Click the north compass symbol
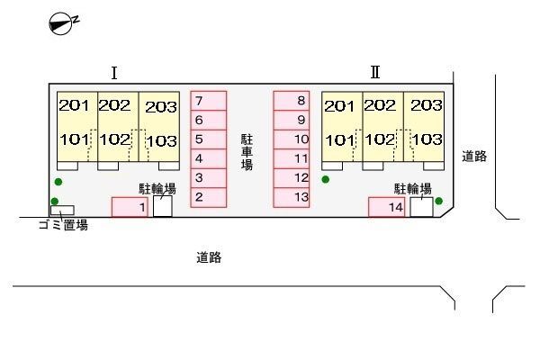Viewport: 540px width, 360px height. (x=64, y=23)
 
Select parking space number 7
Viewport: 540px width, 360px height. (x=209, y=101)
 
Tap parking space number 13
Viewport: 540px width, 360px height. (x=292, y=197)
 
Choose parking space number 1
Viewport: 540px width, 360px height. (x=130, y=207)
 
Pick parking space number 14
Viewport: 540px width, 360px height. (x=387, y=207)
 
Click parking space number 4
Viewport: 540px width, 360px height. (x=209, y=158)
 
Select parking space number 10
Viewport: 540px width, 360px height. (x=292, y=139)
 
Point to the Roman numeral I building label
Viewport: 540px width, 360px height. (x=114, y=73)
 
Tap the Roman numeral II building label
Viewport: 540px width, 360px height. (x=375, y=72)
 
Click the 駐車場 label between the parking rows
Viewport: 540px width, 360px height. (x=247, y=152)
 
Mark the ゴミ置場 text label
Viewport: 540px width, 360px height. (x=63, y=225)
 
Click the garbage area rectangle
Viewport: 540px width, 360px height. (x=62, y=210)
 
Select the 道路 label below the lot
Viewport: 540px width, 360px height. (x=209, y=257)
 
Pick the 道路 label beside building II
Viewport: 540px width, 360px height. (x=474, y=157)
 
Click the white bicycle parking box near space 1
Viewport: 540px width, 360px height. (x=163, y=206)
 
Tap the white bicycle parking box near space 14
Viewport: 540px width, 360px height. (x=421, y=207)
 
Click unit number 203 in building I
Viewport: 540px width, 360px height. (x=161, y=107)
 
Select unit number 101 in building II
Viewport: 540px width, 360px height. (x=339, y=140)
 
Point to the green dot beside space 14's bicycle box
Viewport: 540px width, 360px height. (x=439, y=201)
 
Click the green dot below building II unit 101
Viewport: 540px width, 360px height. (x=326, y=179)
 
